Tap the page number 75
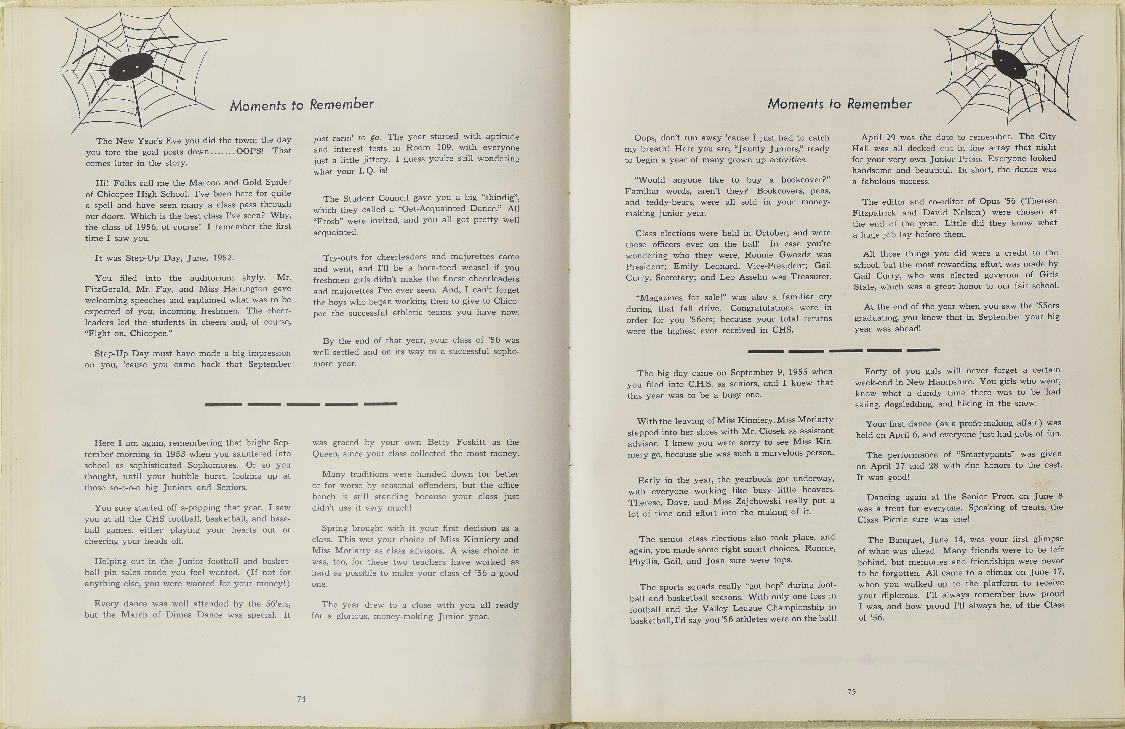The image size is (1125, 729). tap(851, 692)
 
